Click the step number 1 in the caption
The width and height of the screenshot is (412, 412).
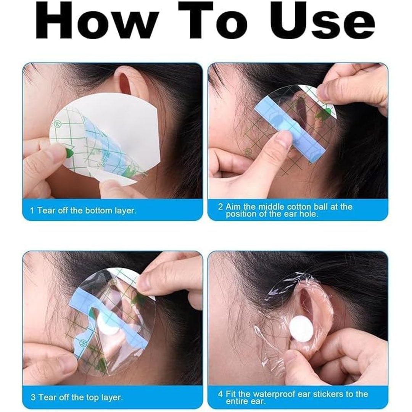pos(32,211)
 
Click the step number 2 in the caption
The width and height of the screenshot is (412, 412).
pos(220,206)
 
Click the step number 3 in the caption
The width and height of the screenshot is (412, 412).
pos(33,397)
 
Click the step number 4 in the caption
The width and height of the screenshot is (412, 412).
pos(220,394)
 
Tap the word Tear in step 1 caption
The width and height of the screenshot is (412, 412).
pos(45,211)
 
